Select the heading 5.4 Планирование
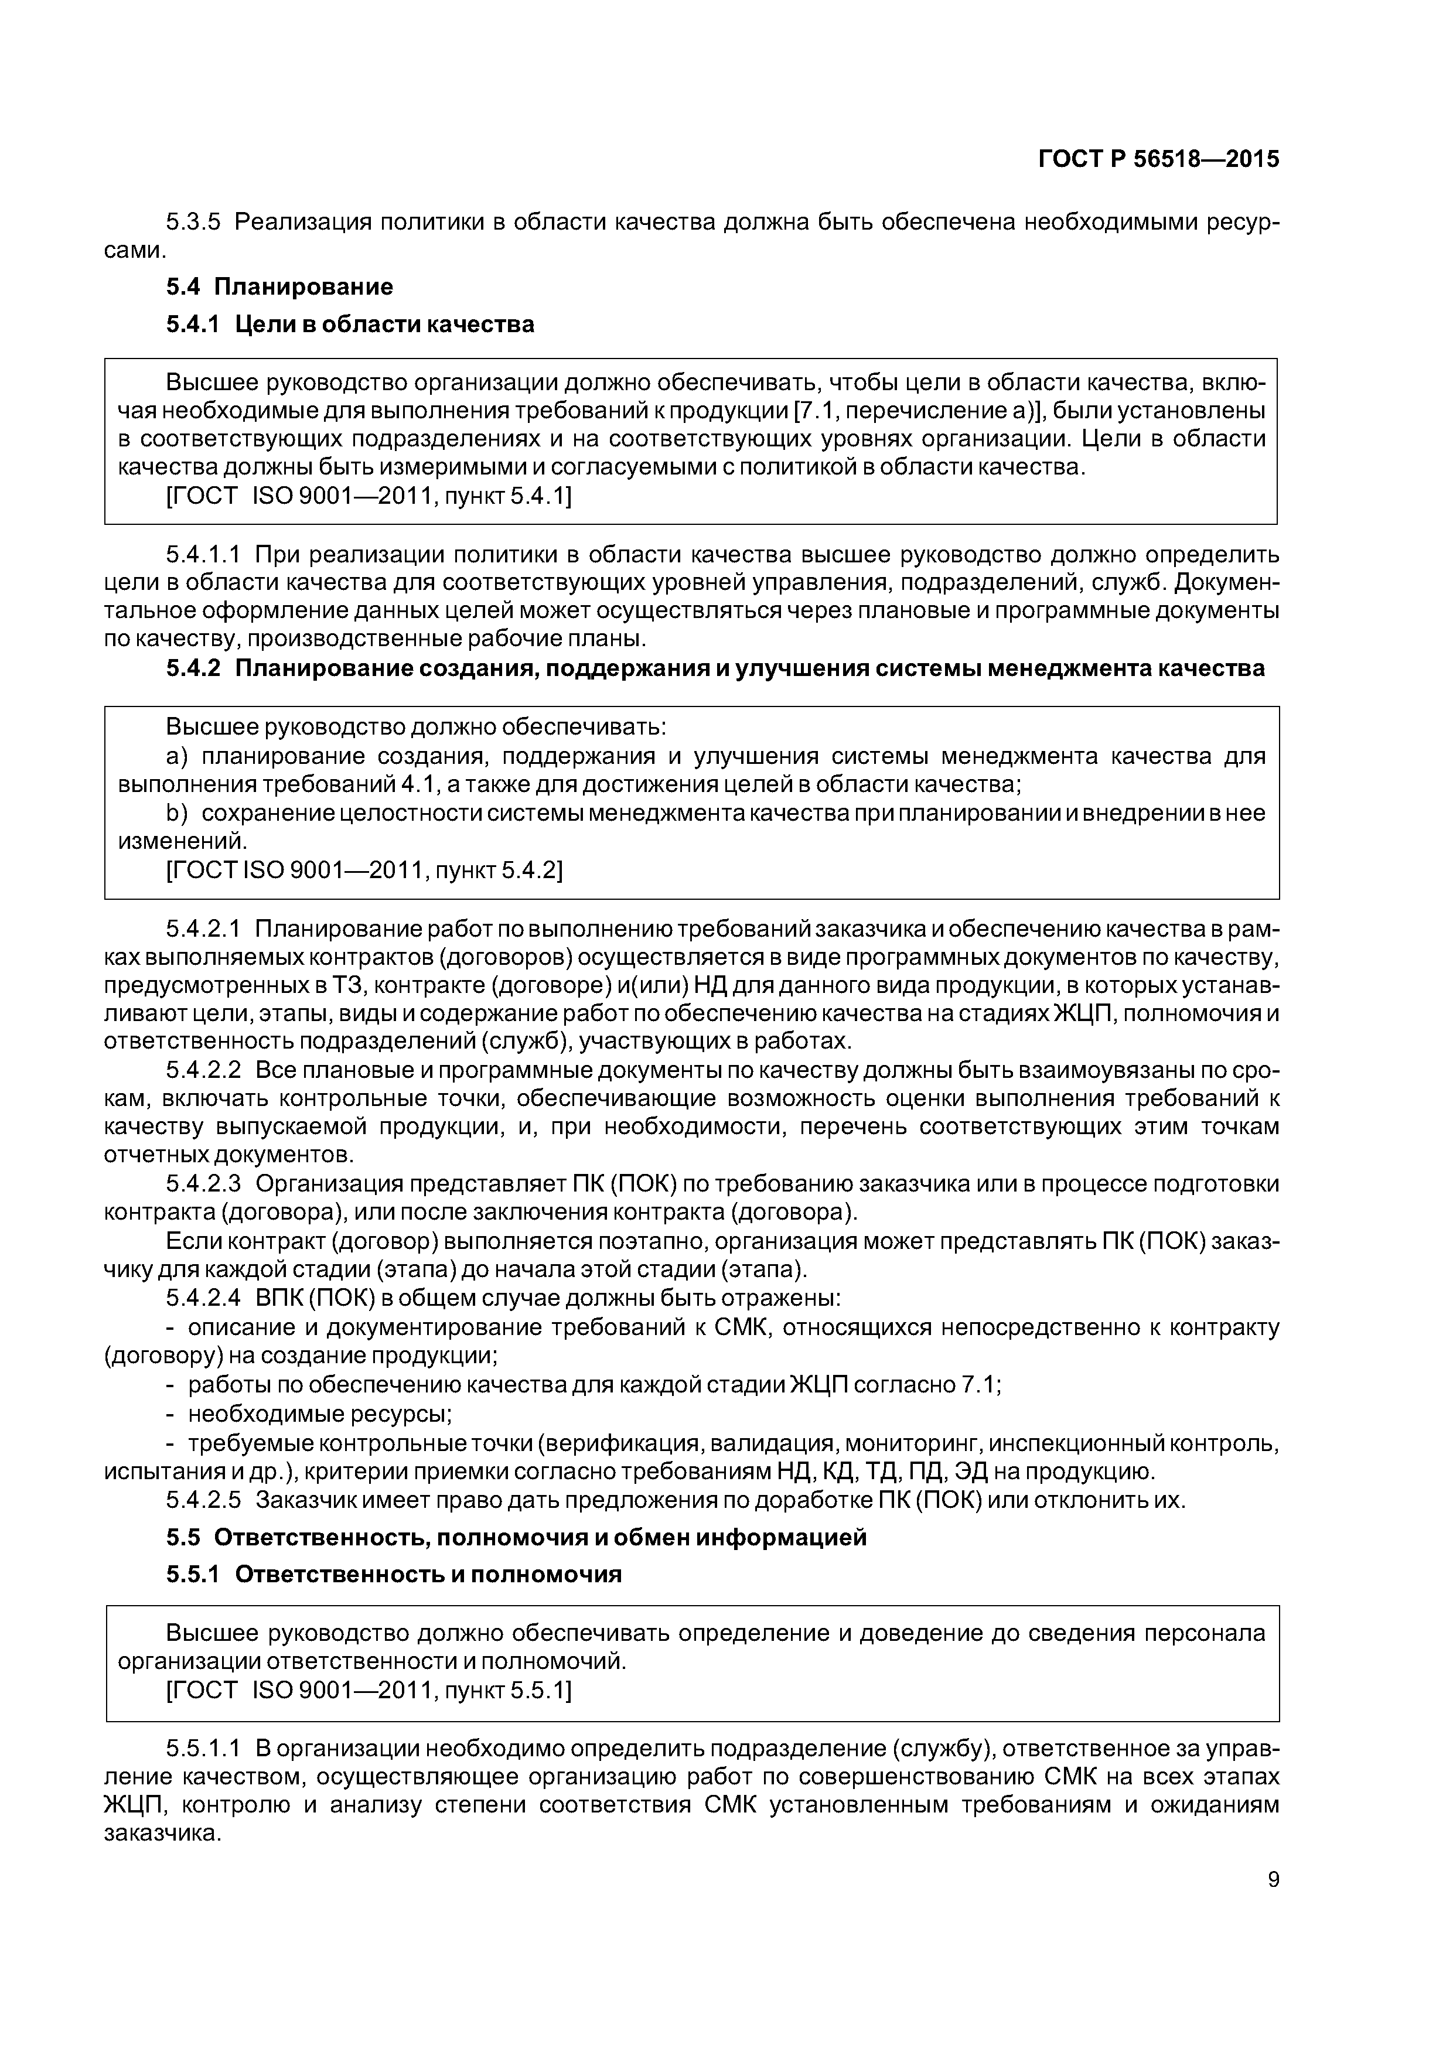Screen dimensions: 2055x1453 pyautogui.click(x=279, y=286)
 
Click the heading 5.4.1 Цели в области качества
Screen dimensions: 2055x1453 pyautogui.click(x=349, y=324)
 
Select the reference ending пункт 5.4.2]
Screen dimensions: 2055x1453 pyautogui.click(x=364, y=870)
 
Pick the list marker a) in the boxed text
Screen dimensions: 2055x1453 pyautogui.click(x=175, y=756)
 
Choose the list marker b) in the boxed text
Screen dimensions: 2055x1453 pyautogui.click(x=175, y=813)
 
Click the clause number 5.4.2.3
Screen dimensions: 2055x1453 pyautogui.click(x=203, y=1184)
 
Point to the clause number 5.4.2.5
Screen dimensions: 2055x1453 pyautogui.click(x=203, y=1500)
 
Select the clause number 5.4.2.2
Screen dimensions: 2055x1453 pyautogui.click(x=203, y=1070)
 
